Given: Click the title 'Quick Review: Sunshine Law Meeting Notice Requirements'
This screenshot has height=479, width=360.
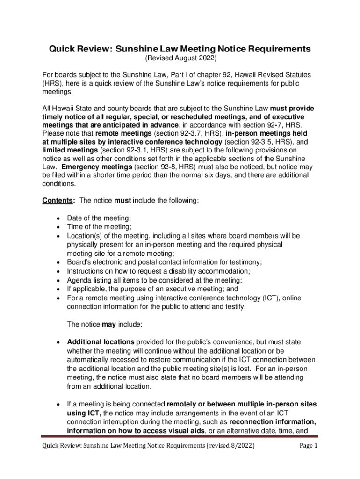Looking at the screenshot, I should pyautogui.click(x=180, y=49).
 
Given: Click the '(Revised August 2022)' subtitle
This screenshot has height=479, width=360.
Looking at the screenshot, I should pyautogui.click(x=180, y=58).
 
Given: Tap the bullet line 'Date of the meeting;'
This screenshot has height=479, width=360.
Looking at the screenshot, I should pyautogui.click(x=99, y=218).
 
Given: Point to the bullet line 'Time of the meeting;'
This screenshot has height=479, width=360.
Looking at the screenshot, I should pyautogui.click(x=99, y=227).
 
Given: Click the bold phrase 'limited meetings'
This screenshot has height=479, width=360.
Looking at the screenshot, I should pyautogui.click(x=70, y=150).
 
